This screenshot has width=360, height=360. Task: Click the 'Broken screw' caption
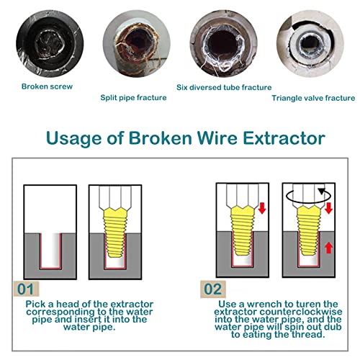pos(47,86)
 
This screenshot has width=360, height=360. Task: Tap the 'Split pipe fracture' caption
pos(133,98)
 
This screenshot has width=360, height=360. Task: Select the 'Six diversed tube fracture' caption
pos(224,87)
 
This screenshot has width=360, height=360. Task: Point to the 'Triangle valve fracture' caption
pos(313,98)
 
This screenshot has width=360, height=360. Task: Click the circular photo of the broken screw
pos(50,44)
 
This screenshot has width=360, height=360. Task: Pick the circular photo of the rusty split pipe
pos(137,44)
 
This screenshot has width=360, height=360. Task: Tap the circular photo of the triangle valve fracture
pos(310,44)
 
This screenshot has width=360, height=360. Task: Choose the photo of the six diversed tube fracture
pos(223,44)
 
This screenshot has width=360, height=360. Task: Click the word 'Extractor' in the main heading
pos(284,138)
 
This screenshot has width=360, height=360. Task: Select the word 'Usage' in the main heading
pos(73,139)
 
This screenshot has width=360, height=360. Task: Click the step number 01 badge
pos(26,289)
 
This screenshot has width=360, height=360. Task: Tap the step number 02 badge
pos(213,289)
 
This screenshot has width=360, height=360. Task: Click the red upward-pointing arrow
pos(328,248)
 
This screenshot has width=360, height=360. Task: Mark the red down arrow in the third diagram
pos(262,208)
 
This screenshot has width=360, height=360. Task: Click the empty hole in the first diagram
pos(50,251)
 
